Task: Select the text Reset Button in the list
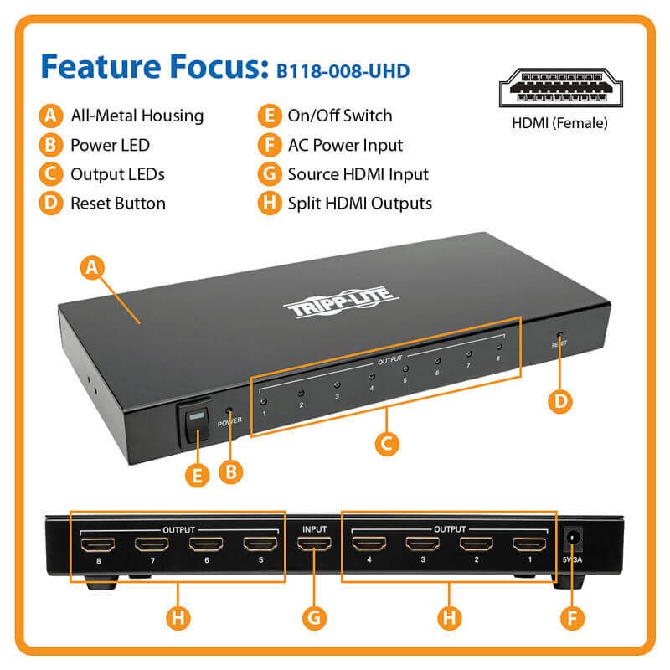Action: point(117,203)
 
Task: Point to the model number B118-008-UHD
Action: point(343,70)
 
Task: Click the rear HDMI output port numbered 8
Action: point(99,545)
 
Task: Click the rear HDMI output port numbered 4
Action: point(368,545)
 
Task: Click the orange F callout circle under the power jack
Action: point(571,620)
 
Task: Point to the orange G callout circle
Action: point(312,619)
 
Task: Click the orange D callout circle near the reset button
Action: point(560,400)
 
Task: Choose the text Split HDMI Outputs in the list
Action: point(359,203)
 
